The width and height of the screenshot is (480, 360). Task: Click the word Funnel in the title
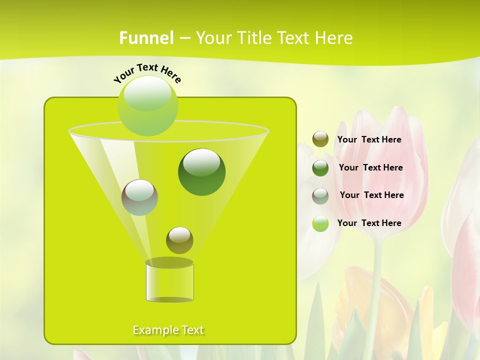(x=146, y=38)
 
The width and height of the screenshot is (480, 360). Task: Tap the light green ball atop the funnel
(x=148, y=105)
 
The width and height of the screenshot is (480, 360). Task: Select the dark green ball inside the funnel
(x=202, y=172)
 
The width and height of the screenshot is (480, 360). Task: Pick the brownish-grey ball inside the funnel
(x=139, y=197)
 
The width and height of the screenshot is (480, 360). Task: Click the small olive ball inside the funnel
(x=179, y=240)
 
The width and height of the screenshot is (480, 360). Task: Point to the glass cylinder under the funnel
(x=169, y=281)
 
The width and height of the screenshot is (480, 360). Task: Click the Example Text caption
(x=168, y=330)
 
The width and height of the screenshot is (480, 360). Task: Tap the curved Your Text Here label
(x=147, y=72)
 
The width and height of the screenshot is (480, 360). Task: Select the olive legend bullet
(x=320, y=139)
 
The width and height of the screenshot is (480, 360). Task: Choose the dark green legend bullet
(x=320, y=168)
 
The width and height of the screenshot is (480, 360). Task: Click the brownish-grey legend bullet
(x=320, y=196)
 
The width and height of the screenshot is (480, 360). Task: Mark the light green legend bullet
(x=320, y=223)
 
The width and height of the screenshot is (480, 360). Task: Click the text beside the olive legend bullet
(x=369, y=140)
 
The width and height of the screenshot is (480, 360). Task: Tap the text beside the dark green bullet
(x=371, y=168)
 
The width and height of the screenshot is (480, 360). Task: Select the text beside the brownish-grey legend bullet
(x=372, y=195)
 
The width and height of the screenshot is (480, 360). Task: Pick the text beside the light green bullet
(x=369, y=223)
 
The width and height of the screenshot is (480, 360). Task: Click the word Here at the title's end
(x=335, y=38)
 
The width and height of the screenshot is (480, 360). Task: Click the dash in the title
(x=184, y=38)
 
